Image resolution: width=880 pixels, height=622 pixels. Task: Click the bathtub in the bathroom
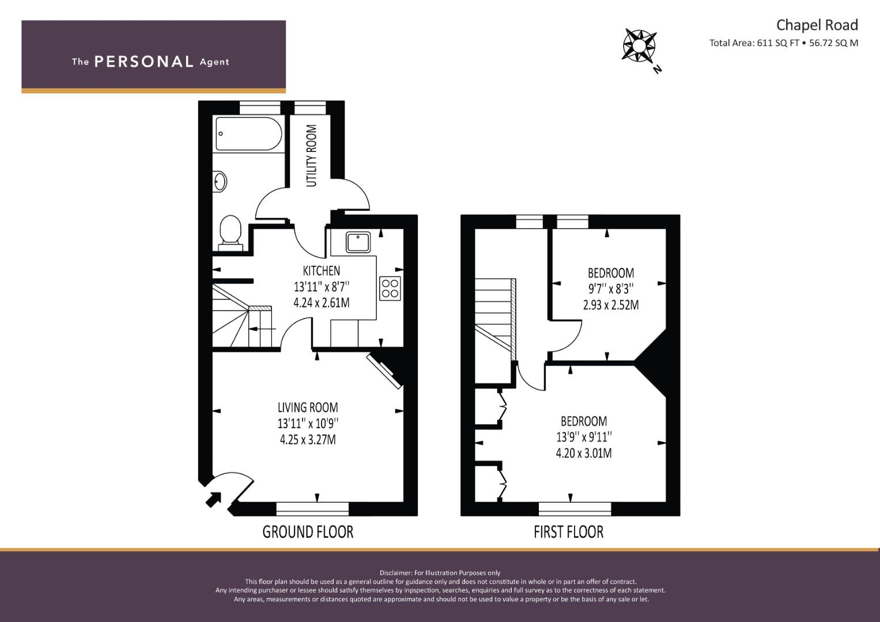[x=249, y=134]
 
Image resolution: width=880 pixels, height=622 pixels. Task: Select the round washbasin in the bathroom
[x=220, y=181]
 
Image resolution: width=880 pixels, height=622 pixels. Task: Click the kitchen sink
[x=358, y=242]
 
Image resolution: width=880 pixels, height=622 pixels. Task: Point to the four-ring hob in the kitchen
[x=390, y=289]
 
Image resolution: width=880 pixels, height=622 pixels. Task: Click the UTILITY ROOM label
[x=311, y=155]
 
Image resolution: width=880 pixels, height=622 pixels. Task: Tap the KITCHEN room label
[x=322, y=271]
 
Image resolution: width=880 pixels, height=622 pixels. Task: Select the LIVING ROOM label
[x=308, y=407]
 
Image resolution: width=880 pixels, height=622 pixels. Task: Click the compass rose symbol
[x=639, y=46]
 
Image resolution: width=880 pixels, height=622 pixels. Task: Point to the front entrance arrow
[x=213, y=499]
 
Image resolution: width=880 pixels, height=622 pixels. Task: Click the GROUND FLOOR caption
[x=308, y=532]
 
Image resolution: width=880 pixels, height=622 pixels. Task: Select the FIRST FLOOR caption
[x=568, y=532]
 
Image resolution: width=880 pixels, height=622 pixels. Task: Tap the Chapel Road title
[x=817, y=25]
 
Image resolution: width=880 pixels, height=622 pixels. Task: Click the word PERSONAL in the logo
[x=144, y=62]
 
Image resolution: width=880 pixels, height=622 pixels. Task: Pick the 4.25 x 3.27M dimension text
[x=308, y=439]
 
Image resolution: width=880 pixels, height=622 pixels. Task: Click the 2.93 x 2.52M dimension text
[x=611, y=305]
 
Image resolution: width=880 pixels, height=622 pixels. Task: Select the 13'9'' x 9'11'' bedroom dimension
[x=584, y=437]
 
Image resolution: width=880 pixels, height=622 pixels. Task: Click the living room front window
[x=313, y=509]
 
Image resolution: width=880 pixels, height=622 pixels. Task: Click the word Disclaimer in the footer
[x=395, y=573]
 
